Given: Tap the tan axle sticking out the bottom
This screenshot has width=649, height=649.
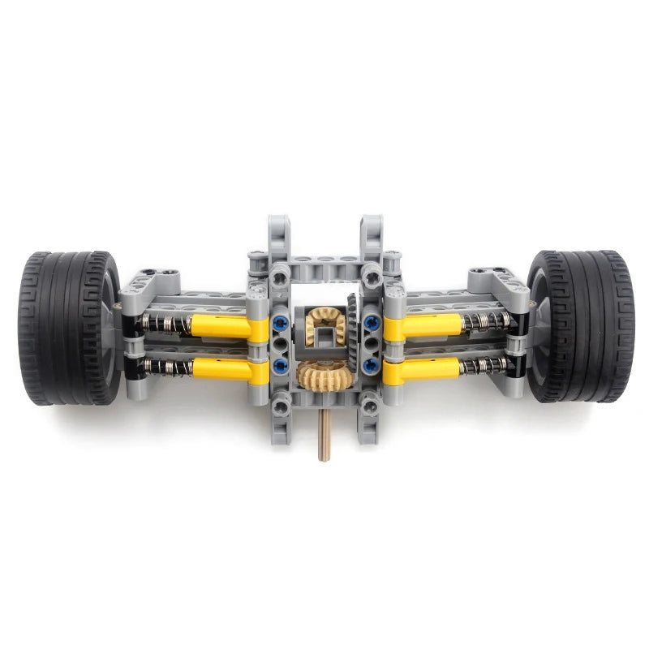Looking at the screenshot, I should pyautogui.click(x=324, y=438).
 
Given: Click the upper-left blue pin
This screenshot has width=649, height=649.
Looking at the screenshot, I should pyautogui.click(x=281, y=324).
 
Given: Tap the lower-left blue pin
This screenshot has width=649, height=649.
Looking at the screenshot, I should pyautogui.click(x=281, y=367).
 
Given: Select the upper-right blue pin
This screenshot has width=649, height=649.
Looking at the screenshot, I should pyautogui.click(x=372, y=324).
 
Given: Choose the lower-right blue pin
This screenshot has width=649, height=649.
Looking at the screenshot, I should pyautogui.click(x=372, y=367).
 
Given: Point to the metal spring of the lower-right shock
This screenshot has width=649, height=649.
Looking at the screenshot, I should pyautogui.click(x=484, y=367).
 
